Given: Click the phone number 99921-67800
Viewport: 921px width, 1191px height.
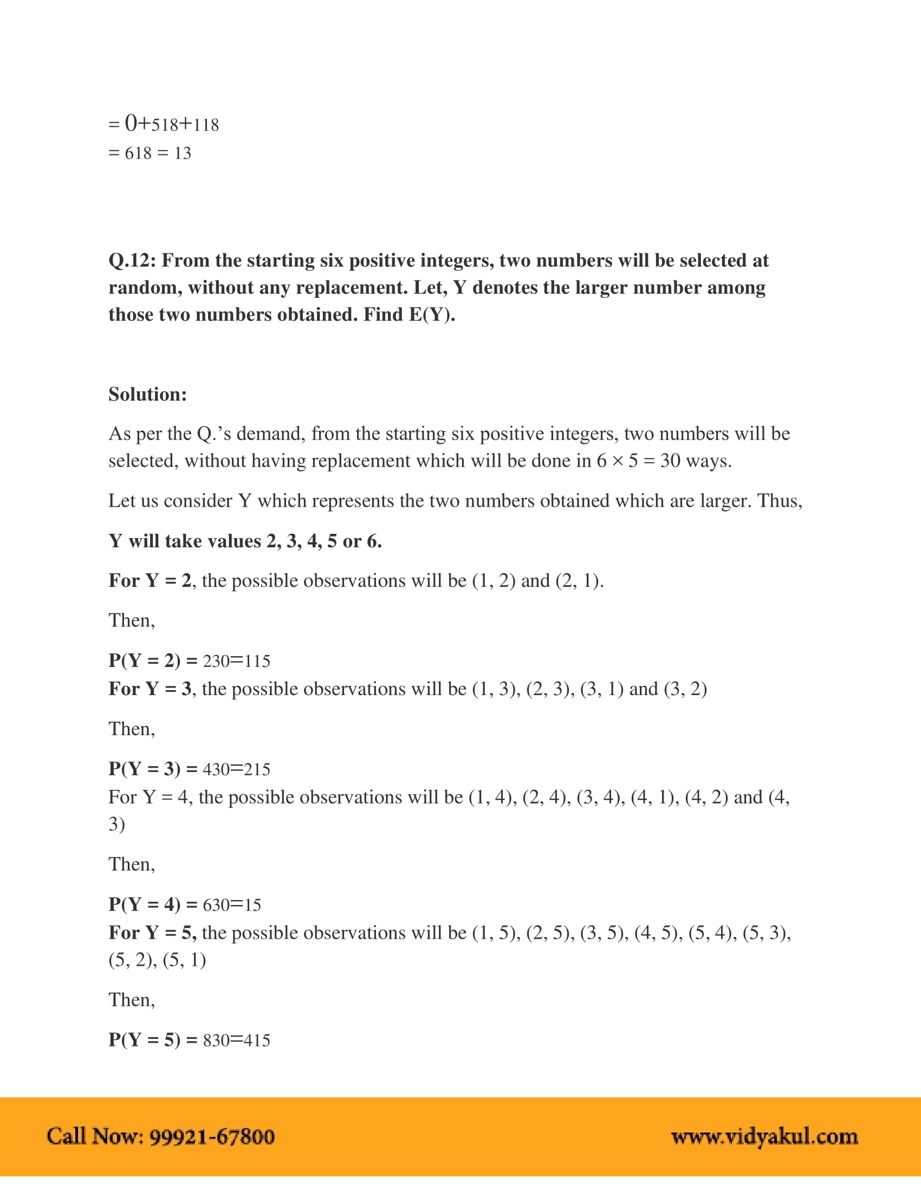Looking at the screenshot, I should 212,1136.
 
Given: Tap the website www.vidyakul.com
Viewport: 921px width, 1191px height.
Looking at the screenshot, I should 764,1136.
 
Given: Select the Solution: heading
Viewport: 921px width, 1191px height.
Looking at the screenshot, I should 147,394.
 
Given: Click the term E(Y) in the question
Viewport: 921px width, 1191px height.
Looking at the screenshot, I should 431,315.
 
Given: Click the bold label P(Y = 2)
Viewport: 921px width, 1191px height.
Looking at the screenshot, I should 144,660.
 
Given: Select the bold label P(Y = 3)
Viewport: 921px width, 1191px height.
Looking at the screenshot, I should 144,768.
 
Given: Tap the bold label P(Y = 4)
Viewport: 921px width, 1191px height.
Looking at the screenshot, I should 144,904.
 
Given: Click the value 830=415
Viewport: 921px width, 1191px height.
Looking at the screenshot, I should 237,1040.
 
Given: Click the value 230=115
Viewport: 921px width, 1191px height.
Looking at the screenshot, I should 237,661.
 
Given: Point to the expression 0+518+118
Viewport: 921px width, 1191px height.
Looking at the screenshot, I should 171,125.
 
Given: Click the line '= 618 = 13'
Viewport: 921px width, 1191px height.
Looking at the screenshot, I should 150,153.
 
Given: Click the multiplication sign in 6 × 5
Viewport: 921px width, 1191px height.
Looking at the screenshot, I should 617,462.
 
